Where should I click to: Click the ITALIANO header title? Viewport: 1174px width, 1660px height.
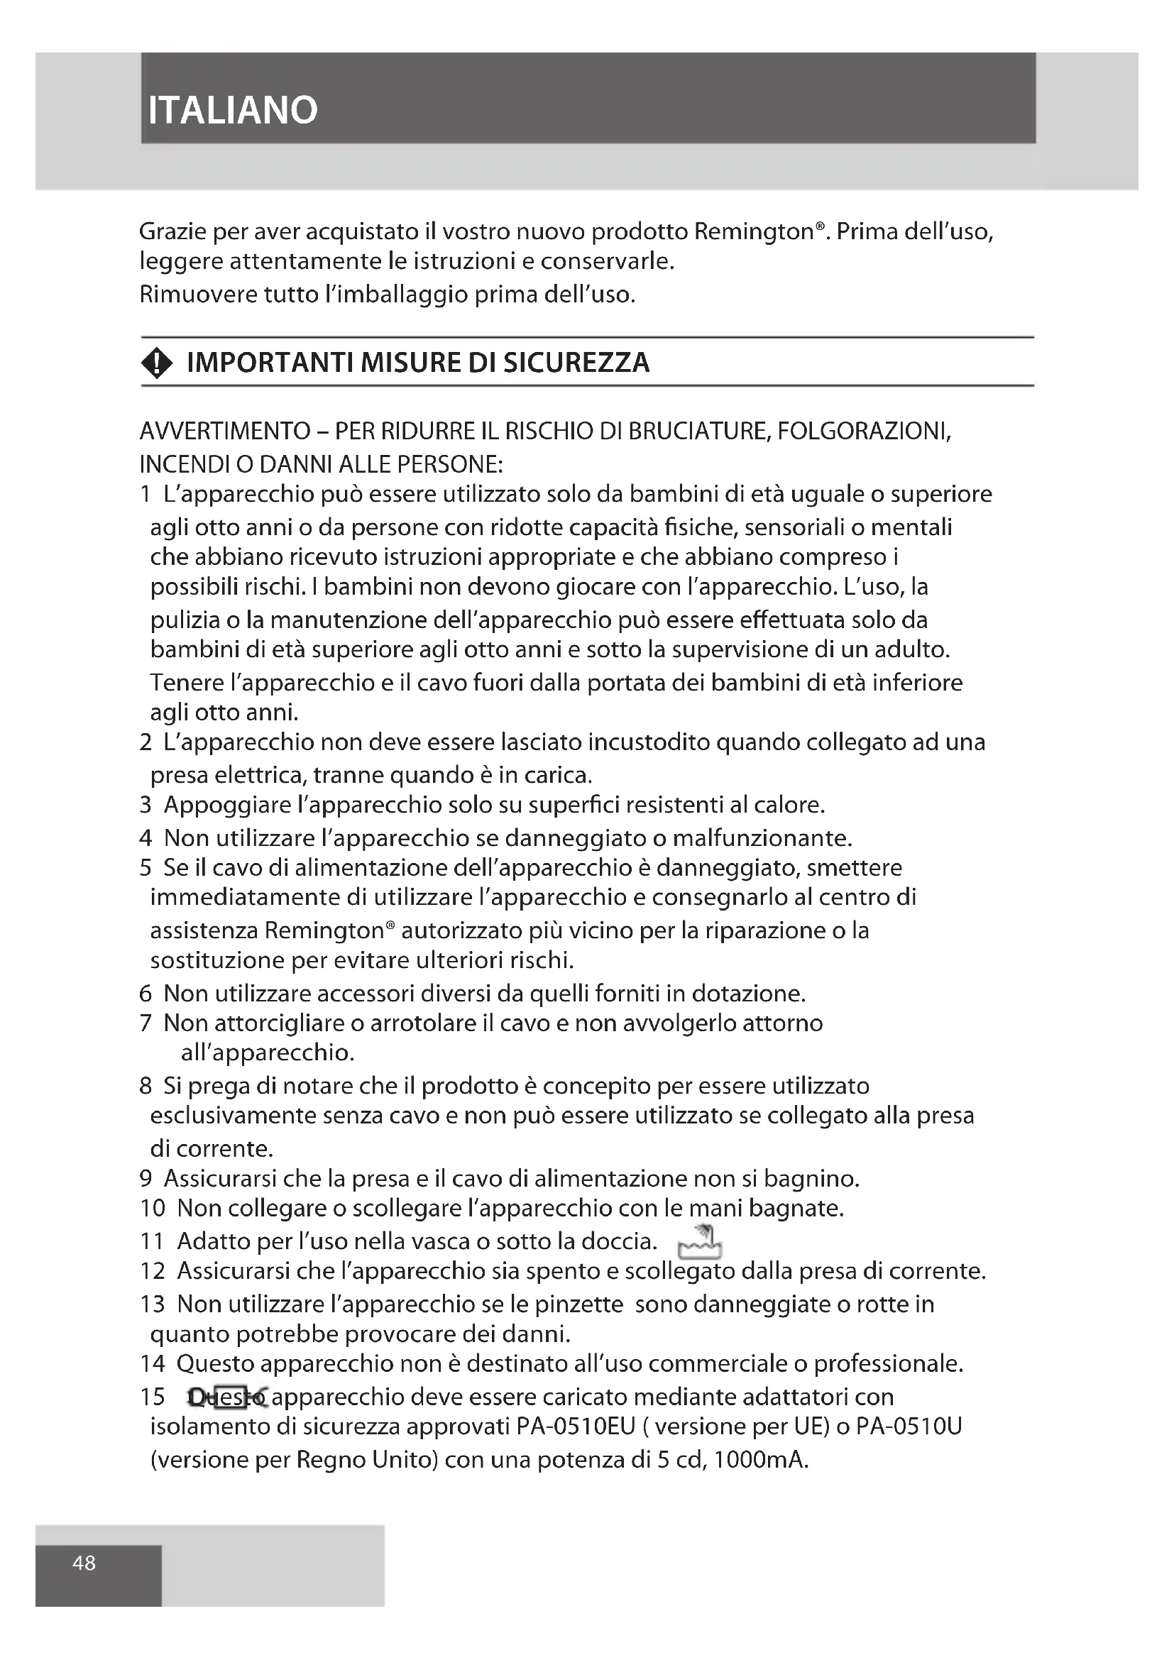tap(232, 111)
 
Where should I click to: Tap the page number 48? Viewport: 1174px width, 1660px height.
tap(84, 1563)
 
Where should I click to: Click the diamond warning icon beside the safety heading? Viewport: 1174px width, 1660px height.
tap(158, 363)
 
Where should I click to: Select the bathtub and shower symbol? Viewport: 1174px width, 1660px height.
tap(699, 1242)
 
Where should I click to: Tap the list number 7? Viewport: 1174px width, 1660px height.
tap(146, 1023)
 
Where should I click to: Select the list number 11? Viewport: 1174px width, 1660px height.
tap(151, 1241)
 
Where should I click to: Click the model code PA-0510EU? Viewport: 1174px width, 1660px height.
tap(576, 1427)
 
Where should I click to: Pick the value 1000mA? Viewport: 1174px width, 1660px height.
tap(759, 1460)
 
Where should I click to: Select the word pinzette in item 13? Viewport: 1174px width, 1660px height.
tap(578, 1304)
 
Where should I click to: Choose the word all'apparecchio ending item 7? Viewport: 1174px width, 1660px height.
tap(267, 1052)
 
